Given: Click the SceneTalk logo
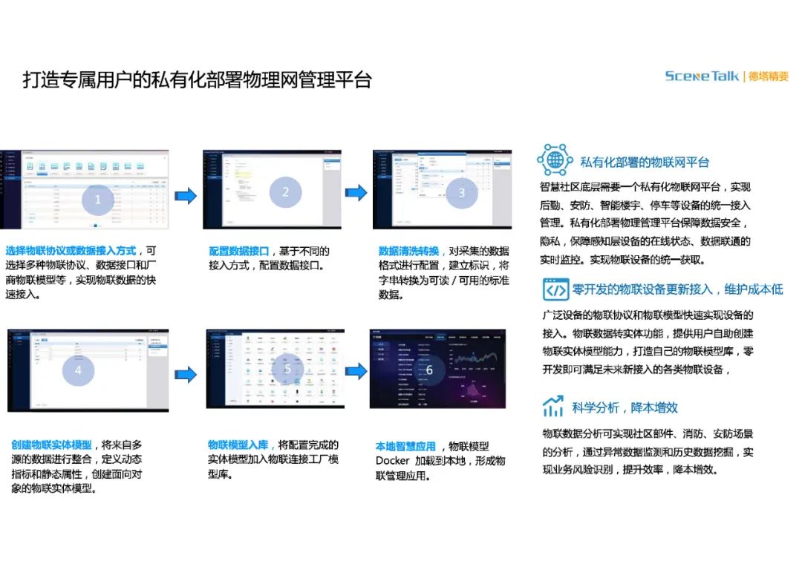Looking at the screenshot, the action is point(702,76).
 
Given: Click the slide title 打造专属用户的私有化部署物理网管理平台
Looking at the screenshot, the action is point(197,80).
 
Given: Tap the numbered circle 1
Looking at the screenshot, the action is point(97,198).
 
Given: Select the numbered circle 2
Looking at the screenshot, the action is point(285,192).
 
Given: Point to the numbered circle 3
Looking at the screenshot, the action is point(461,193).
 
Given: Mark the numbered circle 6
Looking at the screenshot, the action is point(429,370).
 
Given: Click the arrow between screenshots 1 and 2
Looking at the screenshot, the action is point(186,195).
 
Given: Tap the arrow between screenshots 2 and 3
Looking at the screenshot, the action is point(356,193).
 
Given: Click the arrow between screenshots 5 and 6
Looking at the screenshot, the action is point(356,371).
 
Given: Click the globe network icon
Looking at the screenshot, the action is point(555,160).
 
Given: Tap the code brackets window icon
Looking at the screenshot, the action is point(555,289).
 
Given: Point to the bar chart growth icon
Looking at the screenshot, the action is point(552,406).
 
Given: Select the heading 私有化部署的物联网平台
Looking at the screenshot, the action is point(644,162).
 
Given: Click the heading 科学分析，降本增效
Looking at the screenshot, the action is point(625,407).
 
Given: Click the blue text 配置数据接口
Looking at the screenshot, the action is point(238,252).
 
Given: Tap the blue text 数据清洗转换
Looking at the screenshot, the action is point(409,251).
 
